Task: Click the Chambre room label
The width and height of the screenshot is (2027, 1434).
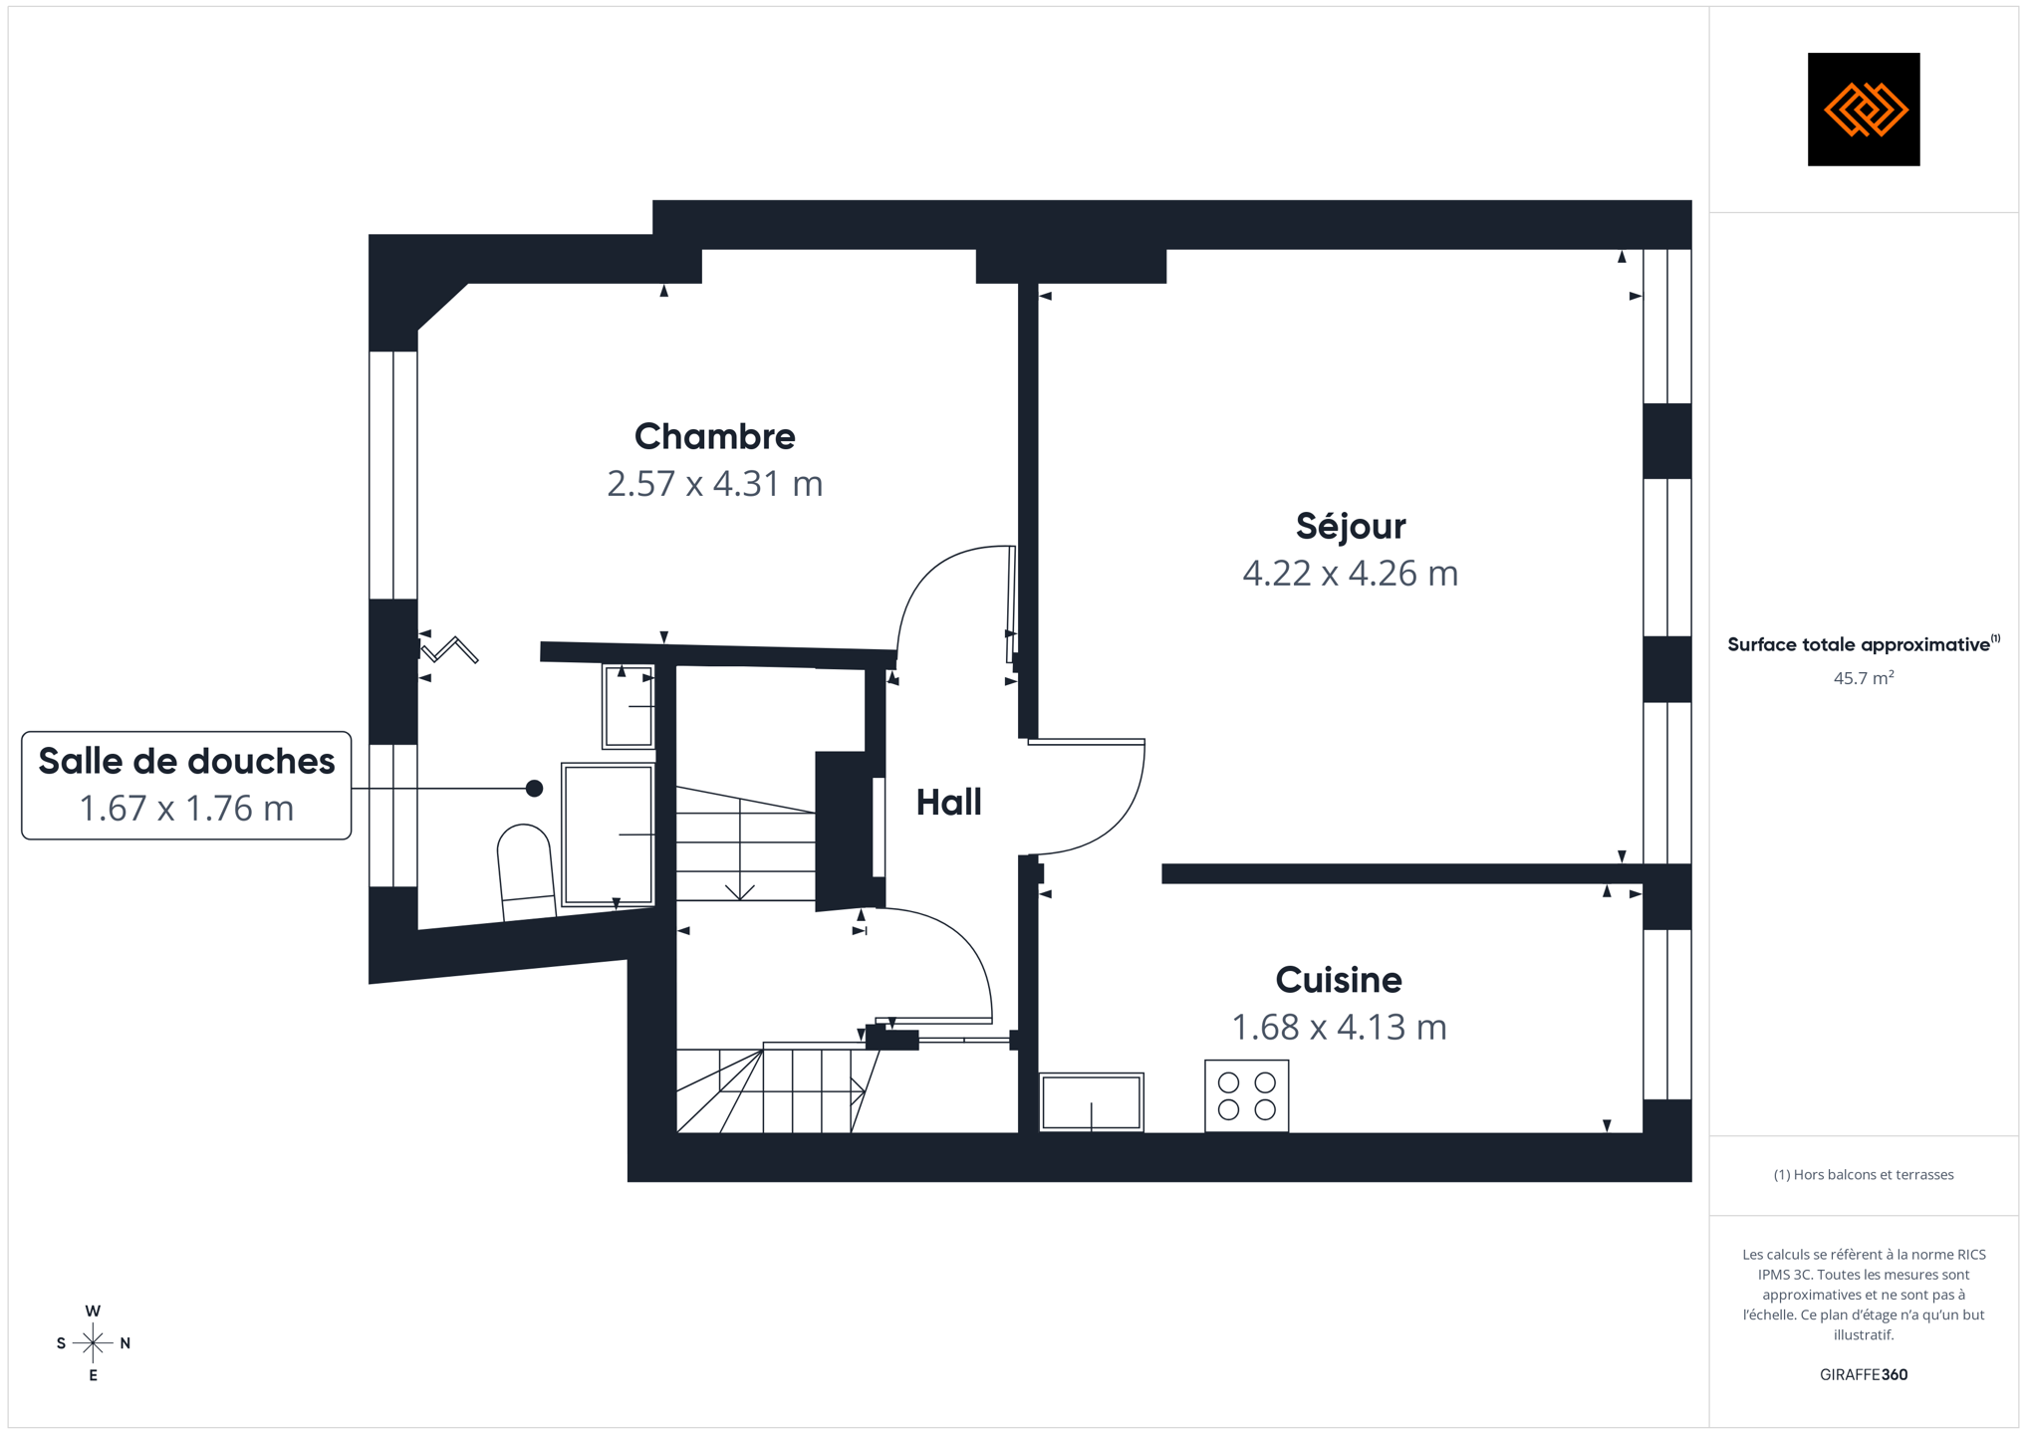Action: pos(714,436)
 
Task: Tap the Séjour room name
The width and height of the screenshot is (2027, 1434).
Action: pos(1350,525)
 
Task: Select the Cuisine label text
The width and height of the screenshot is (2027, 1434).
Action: pos(1339,980)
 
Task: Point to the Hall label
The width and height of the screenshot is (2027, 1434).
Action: pos(948,802)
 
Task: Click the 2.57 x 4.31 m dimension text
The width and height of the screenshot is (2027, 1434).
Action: pos(714,484)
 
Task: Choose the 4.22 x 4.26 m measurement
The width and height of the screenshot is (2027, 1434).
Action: pos(1350,574)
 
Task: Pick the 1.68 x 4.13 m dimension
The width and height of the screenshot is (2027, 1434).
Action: pos(1339,1027)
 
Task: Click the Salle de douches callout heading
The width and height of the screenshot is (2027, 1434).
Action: pos(186,761)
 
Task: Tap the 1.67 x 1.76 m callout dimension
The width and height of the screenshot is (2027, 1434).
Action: pos(186,808)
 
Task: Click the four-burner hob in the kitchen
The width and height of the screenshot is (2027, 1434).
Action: pos(1246,1095)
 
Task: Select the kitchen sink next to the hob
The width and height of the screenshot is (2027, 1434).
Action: pos(1092,1101)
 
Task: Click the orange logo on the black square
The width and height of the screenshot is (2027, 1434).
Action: pos(1865,110)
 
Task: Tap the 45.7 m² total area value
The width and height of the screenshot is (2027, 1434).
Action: pos(1864,678)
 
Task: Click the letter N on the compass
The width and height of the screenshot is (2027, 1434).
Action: pos(126,1343)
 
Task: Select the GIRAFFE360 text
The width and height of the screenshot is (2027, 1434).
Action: pos(1864,1374)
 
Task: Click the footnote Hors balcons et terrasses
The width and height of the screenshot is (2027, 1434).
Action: pos(1864,1175)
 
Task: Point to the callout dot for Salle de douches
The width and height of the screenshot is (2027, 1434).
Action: pos(535,789)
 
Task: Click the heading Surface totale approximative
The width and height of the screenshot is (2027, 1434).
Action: pos(1859,644)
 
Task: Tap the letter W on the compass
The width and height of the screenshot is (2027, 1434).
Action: pos(93,1312)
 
